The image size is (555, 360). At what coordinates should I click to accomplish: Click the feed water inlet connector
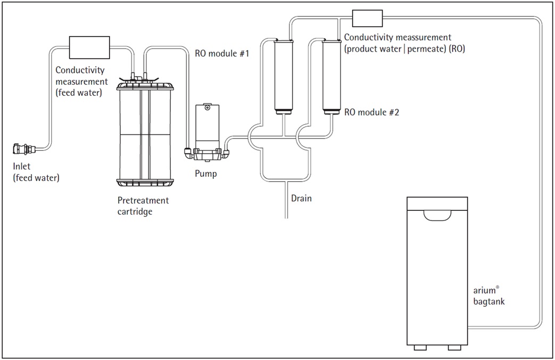pos(24,149)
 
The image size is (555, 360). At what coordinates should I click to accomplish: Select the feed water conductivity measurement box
pos(89,47)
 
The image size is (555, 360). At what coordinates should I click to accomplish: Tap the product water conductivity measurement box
pos(367,18)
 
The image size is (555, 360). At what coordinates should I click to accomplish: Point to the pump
pos(207,133)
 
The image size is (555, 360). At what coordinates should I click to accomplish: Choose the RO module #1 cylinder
pos(284,77)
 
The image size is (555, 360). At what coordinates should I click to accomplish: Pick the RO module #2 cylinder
pos(332,77)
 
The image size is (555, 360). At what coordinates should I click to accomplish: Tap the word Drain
pos(301,198)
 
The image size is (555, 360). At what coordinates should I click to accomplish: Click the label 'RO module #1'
pos(222,53)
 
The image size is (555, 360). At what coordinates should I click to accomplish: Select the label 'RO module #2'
pos(371,112)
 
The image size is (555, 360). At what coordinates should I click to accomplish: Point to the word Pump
pos(205,174)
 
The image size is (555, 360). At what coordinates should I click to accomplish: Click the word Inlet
pos(22,166)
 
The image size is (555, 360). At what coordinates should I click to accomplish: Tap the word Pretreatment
pos(143,200)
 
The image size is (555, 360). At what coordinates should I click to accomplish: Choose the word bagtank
pos(489,302)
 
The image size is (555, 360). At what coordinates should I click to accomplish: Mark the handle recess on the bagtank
pos(437,216)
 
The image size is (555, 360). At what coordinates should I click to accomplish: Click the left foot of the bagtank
pos(420,348)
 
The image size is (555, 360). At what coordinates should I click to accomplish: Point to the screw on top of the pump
pos(208,107)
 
